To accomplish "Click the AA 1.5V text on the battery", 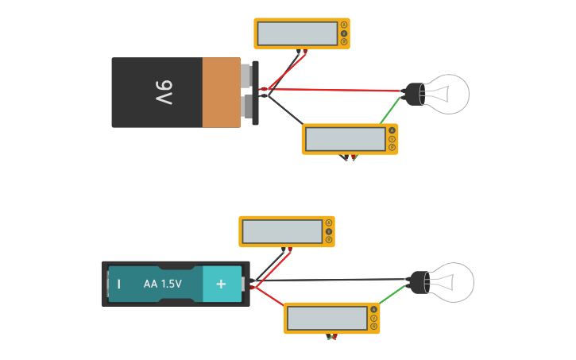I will (x=162, y=284).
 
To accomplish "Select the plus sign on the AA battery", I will (x=222, y=284).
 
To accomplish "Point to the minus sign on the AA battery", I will (x=119, y=284).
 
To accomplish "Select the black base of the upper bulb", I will (x=414, y=94).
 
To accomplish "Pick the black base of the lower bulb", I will (x=417, y=282).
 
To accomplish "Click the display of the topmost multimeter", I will (x=297, y=33).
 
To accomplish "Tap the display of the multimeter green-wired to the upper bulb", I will (x=345, y=139).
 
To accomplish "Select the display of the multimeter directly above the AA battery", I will (x=282, y=232).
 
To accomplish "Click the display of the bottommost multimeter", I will (x=327, y=319).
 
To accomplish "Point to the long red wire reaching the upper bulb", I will (x=342, y=90).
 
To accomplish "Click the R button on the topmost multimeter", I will (x=344, y=41).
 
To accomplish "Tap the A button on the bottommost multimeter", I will (x=373, y=309).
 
